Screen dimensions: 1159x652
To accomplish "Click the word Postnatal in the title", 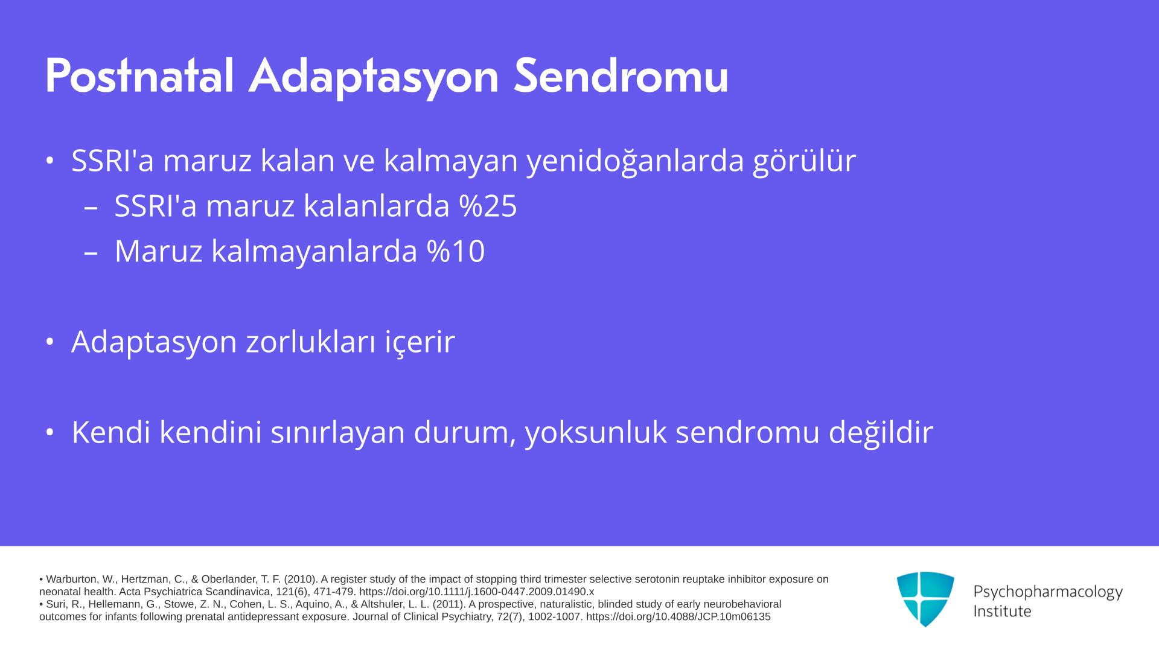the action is pyautogui.click(x=139, y=76).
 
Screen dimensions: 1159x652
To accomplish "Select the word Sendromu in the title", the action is pyautogui.click(x=621, y=76).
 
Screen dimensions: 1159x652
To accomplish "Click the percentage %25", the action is pyautogui.click(x=488, y=206).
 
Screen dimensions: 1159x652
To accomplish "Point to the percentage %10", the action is pyautogui.click(x=456, y=251).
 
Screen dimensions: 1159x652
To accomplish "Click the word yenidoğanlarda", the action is pyautogui.click(x=636, y=162).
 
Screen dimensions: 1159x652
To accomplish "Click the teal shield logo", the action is pyautogui.click(x=925, y=599).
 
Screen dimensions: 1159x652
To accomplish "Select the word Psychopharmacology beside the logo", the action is pyautogui.click(x=1048, y=592).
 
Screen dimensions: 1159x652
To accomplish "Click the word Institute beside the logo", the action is pyautogui.click(x=1002, y=612).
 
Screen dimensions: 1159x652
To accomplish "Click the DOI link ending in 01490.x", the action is pyautogui.click(x=477, y=592).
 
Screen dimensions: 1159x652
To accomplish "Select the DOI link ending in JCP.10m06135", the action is pyautogui.click(x=678, y=617).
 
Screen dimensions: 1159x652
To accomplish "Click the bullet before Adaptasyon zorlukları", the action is pyautogui.click(x=50, y=342).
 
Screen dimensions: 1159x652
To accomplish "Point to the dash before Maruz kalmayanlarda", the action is pyautogui.click(x=91, y=253).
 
